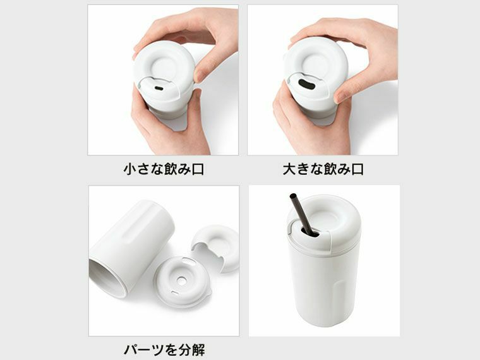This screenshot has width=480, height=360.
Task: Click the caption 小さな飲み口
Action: point(163,169)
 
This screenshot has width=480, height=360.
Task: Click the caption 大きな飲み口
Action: point(323,169)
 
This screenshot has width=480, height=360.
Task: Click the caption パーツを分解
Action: point(164,349)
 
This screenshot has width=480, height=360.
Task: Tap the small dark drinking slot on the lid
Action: point(158,88)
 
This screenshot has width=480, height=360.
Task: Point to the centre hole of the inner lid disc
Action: point(182,279)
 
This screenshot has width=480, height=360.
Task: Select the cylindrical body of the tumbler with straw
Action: point(323,284)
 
